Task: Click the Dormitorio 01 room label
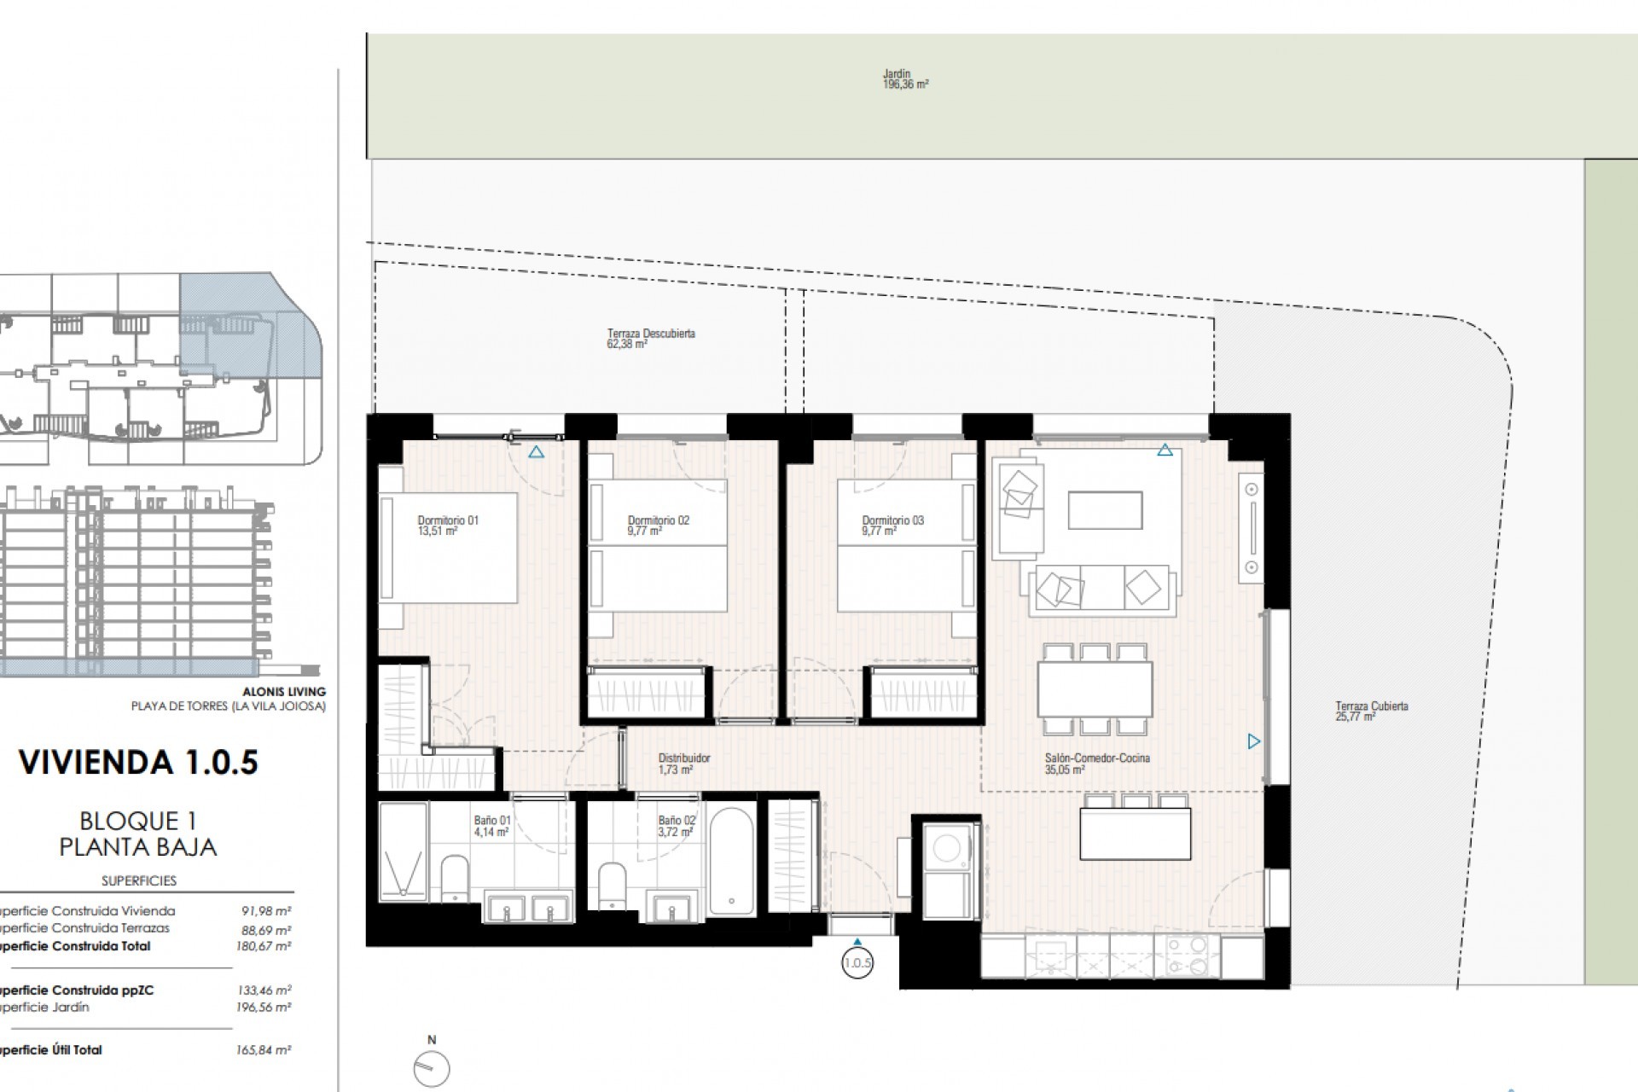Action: click(448, 525)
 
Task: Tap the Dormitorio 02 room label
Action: click(658, 525)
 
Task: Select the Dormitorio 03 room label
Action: click(892, 525)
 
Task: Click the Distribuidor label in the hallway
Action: click(683, 763)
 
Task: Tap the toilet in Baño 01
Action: click(454, 880)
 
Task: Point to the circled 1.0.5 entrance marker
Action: click(857, 963)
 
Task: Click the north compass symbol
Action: click(431, 1066)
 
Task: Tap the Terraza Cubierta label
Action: click(1371, 711)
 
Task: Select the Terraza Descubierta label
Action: click(650, 338)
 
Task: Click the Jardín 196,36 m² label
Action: click(905, 79)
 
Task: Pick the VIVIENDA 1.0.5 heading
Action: click(138, 762)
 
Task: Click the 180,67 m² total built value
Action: click(264, 946)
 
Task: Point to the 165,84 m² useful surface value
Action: click(264, 1050)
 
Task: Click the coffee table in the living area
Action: click(1105, 510)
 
